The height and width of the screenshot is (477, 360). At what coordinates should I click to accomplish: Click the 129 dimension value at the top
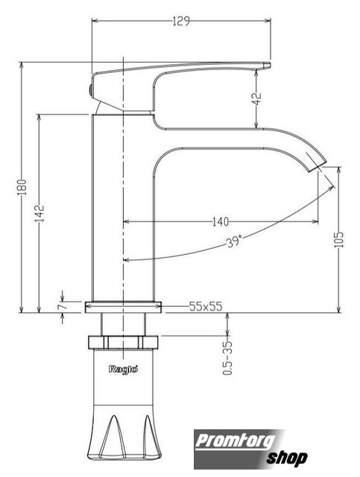pyautogui.click(x=181, y=21)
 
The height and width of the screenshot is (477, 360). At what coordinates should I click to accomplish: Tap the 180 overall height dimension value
pyautogui.click(x=22, y=187)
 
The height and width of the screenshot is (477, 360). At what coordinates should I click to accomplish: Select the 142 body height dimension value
pyautogui.click(x=40, y=213)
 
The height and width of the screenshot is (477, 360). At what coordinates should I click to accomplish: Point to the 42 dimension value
pyautogui.click(x=257, y=98)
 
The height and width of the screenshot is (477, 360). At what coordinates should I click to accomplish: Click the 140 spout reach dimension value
pyautogui.click(x=220, y=222)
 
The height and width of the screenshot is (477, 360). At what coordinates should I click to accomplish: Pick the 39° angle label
pyautogui.click(x=234, y=241)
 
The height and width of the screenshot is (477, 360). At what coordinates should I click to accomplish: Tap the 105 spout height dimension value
pyautogui.click(x=338, y=240)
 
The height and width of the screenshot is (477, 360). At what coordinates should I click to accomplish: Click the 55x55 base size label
pyautogui.click(x=206, y=306)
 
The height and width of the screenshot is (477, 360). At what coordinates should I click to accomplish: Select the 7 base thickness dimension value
pyautogui.click(x=61, y=306)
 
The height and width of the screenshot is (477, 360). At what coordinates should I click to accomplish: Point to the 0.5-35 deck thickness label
pyautogui.click(x=227, y=358)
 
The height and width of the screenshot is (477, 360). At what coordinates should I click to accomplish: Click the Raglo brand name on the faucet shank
pyautogui.click(x=123, y=370)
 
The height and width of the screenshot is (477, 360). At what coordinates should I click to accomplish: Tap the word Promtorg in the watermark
pyautogui.click(x=235, y=441)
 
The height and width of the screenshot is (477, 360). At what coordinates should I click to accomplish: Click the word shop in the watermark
pyautogui.click(x=287, y=458)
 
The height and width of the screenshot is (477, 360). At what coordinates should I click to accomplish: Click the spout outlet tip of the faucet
pyautogui.click(x=316, y=166)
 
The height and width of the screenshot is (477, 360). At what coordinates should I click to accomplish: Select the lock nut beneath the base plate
pyautogui.click(x=123, y=342)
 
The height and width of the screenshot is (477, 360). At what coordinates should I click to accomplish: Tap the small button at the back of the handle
pyautogui.click(x=90, y=90)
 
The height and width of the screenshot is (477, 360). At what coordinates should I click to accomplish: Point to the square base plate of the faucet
pyautogui.click(x=123, y=307)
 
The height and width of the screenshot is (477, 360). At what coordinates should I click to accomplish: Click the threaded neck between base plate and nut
pyautogui.click(x=123, y=324)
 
